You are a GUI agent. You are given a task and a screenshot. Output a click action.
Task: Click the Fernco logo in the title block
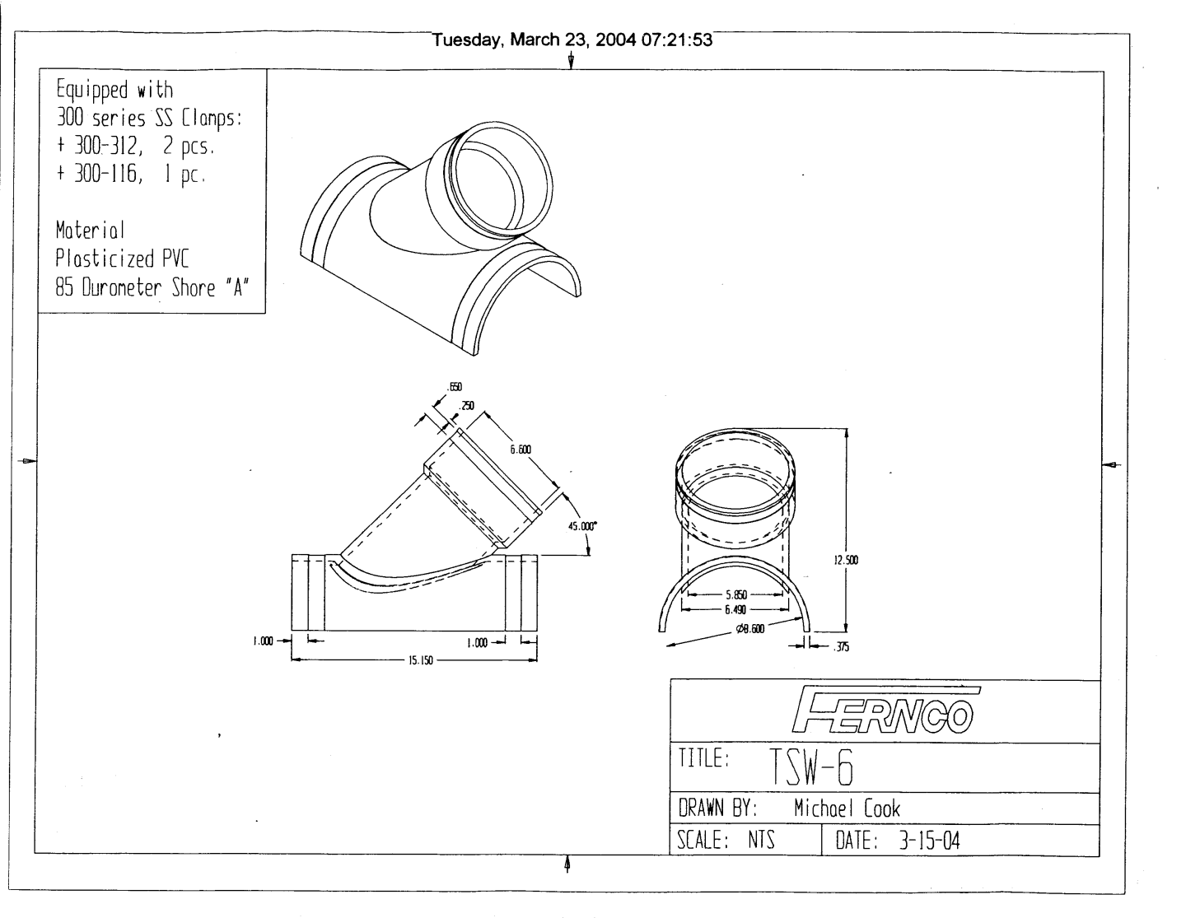pyautogui.click(x=885, y=711)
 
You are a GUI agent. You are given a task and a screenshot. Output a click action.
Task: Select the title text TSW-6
pyautogui.click(x=811, y=767)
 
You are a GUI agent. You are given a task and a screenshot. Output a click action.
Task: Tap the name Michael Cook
pyautogui.click(x=847, y=808)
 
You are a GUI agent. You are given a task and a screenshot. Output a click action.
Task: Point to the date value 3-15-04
pyautogui.click(x=929, y=841)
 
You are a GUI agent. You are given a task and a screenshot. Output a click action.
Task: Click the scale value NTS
pyautogui.click(x=761, y=840)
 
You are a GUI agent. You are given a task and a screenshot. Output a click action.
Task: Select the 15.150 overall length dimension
pyautogui.click(x=420, y=660)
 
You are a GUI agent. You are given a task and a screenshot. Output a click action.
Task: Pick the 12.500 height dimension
pyautogui.click(x=846, y=560)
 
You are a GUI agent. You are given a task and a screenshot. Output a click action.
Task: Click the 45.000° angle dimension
pyautogui.click(x=582, y=526)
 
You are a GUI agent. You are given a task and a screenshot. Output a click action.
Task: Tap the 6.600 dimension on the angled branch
pyautogui.click(x=521, y=450)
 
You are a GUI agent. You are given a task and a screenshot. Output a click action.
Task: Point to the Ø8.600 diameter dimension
pyautogui.click(x=750, y=629)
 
